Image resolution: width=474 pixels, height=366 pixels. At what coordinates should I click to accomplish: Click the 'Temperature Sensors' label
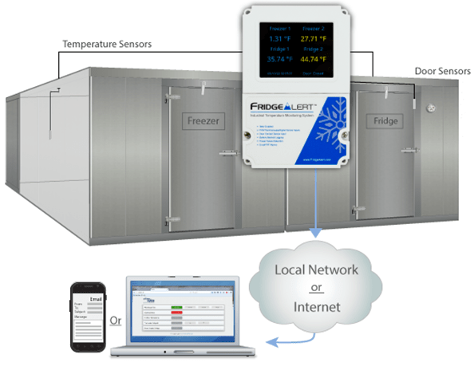[107, 44]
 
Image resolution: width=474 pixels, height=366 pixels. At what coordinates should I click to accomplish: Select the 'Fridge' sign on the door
[385, 121]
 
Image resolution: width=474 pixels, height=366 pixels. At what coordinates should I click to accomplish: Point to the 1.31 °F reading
[277, 37]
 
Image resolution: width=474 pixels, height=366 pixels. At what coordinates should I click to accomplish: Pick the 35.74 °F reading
[277, 60]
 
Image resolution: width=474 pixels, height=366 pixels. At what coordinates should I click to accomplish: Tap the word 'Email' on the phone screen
[94, 299]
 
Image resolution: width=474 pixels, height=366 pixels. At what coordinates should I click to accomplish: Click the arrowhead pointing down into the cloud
[315, 234]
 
